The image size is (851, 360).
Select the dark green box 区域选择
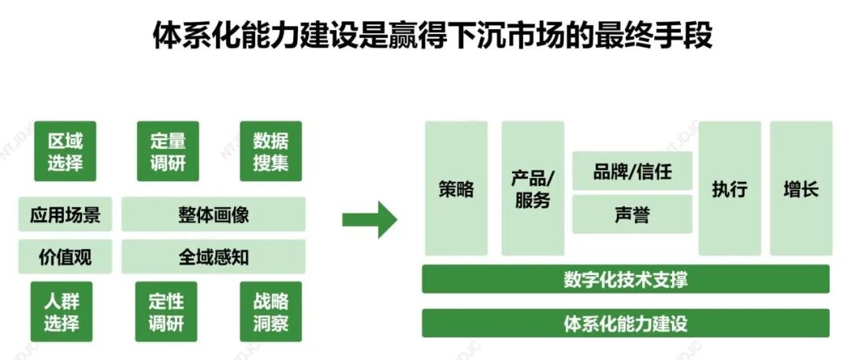coord(65,152)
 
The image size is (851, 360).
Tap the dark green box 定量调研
coord(167,152)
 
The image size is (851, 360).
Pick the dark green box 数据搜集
coord(270,152)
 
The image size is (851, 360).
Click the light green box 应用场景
coord(65,214)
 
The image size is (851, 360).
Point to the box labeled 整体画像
coord(214,214)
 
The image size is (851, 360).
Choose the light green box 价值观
coord(65,256)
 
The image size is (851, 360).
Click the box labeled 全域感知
coord(214,256)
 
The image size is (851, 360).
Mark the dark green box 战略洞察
coord(270,311)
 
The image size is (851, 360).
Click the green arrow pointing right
coord(370,220)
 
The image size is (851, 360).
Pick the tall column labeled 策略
coord(456,188)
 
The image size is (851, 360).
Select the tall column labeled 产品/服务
coord(533,188)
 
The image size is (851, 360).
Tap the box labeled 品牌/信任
coord(632,171)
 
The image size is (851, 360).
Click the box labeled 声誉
coord(632,214)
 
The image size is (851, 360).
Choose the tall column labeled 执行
coord(730,188)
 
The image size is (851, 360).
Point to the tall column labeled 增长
coord(801,188)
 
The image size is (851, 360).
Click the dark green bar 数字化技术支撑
coord(626,279)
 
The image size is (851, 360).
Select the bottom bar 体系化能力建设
coord(626,323)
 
